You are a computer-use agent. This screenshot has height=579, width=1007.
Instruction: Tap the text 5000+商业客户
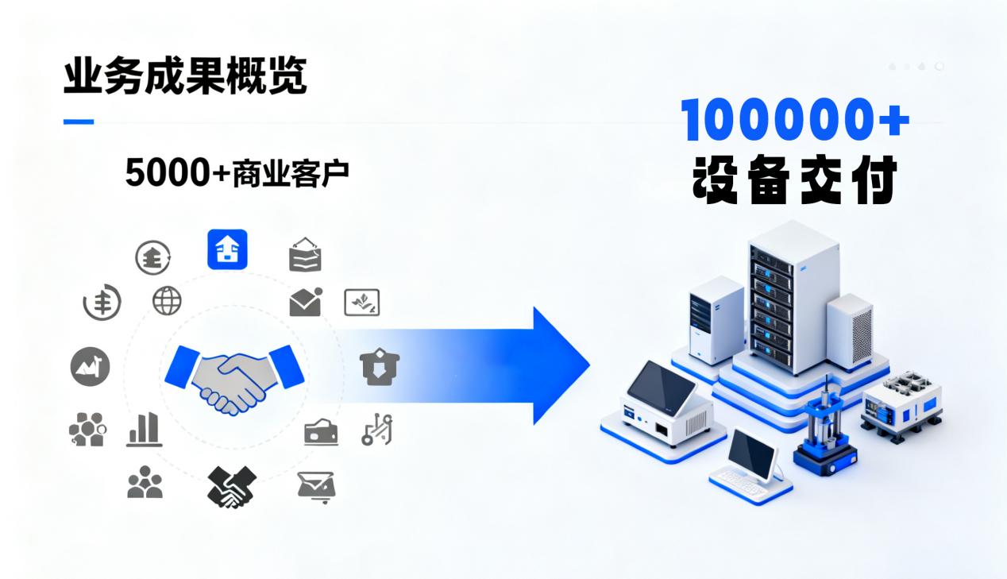click(237, 172)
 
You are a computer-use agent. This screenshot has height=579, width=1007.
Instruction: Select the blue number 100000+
click(795, 121)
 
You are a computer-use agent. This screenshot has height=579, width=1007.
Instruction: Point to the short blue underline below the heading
click(78, 122)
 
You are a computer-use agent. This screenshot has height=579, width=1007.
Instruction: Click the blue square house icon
click(227, 249)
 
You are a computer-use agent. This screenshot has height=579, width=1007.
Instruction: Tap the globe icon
click(167, 300)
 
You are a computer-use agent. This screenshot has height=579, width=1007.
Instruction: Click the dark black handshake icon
click(230, 486)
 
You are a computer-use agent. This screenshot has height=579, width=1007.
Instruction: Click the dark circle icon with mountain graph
click(90, 366)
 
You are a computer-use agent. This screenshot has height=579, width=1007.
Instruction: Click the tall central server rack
click(793, 306)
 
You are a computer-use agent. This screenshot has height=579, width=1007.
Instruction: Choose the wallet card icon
click(321, 432)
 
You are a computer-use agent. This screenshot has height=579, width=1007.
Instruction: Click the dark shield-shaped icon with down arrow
click(380, 367)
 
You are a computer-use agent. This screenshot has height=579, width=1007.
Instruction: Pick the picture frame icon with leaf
click(361, 302)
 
